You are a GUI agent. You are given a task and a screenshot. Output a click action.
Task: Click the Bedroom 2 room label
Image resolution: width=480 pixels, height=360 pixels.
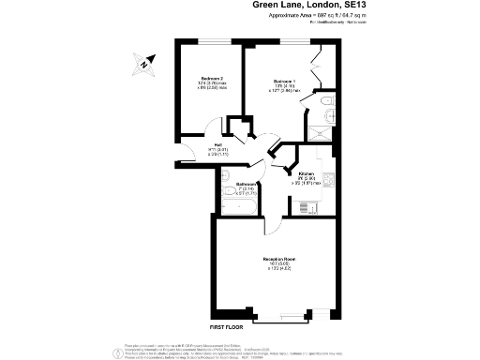212,78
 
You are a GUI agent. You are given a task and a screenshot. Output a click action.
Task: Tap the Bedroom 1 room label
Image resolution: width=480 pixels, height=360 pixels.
284,82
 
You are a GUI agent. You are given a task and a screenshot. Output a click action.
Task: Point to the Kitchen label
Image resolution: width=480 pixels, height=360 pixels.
306,174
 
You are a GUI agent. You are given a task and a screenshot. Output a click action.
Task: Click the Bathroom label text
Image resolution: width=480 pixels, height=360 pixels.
246,184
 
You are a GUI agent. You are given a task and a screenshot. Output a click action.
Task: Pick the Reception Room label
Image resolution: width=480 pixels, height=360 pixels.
280,258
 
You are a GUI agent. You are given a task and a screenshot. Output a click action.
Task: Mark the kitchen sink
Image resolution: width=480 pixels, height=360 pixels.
325,199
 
